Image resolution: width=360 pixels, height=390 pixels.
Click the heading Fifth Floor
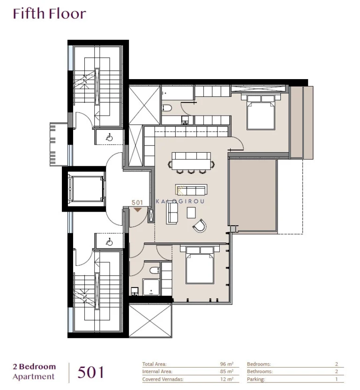point(49,14)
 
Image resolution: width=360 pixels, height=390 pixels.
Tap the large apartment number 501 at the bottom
point(90,372)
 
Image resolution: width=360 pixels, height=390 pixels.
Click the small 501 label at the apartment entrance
point(137,203)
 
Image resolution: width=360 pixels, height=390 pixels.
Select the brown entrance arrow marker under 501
point(137,210)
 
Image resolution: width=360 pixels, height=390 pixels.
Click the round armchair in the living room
point(199,226)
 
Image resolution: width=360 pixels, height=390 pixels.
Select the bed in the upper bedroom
point(260,112)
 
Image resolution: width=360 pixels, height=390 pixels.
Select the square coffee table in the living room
point(191,213)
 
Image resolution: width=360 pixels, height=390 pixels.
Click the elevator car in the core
point(86,189)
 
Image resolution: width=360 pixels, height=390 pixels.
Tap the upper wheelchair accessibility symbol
point(109,138)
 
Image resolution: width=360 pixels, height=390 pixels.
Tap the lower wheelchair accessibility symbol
point(109,242)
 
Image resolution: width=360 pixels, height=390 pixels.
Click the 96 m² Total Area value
point(226,364)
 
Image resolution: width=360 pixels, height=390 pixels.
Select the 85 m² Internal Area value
point(226,372)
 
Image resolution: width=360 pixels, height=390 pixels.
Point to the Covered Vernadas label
point(163,380)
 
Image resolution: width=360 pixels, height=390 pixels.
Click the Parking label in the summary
point(256,380)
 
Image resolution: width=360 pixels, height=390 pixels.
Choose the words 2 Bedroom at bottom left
point(34,367)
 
